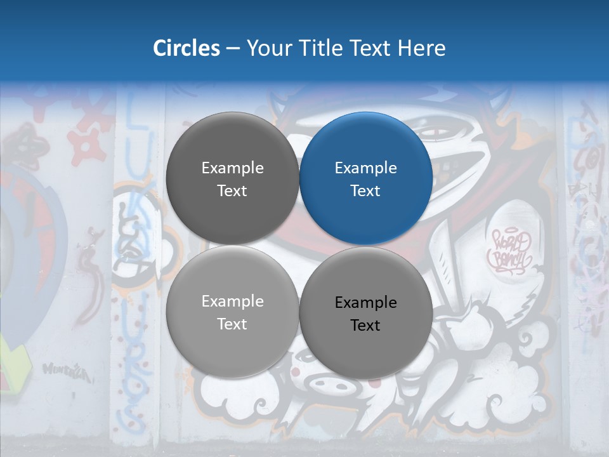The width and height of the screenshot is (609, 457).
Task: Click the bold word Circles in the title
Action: (187, 48)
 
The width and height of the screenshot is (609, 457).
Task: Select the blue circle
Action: (366, 178)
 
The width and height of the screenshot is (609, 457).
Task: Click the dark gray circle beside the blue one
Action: (232, 178)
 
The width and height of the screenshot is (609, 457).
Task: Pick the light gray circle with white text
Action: (232, 312)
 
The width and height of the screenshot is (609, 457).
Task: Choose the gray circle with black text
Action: (366, 313)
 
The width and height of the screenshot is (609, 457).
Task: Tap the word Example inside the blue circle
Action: (366, 168)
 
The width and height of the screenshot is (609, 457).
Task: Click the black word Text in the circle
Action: (365, 326)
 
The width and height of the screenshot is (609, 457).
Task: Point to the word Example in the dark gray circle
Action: (232, 168)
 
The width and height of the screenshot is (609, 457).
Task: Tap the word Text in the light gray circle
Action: (232, 324)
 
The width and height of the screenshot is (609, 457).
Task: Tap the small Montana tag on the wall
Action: (66, 370)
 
